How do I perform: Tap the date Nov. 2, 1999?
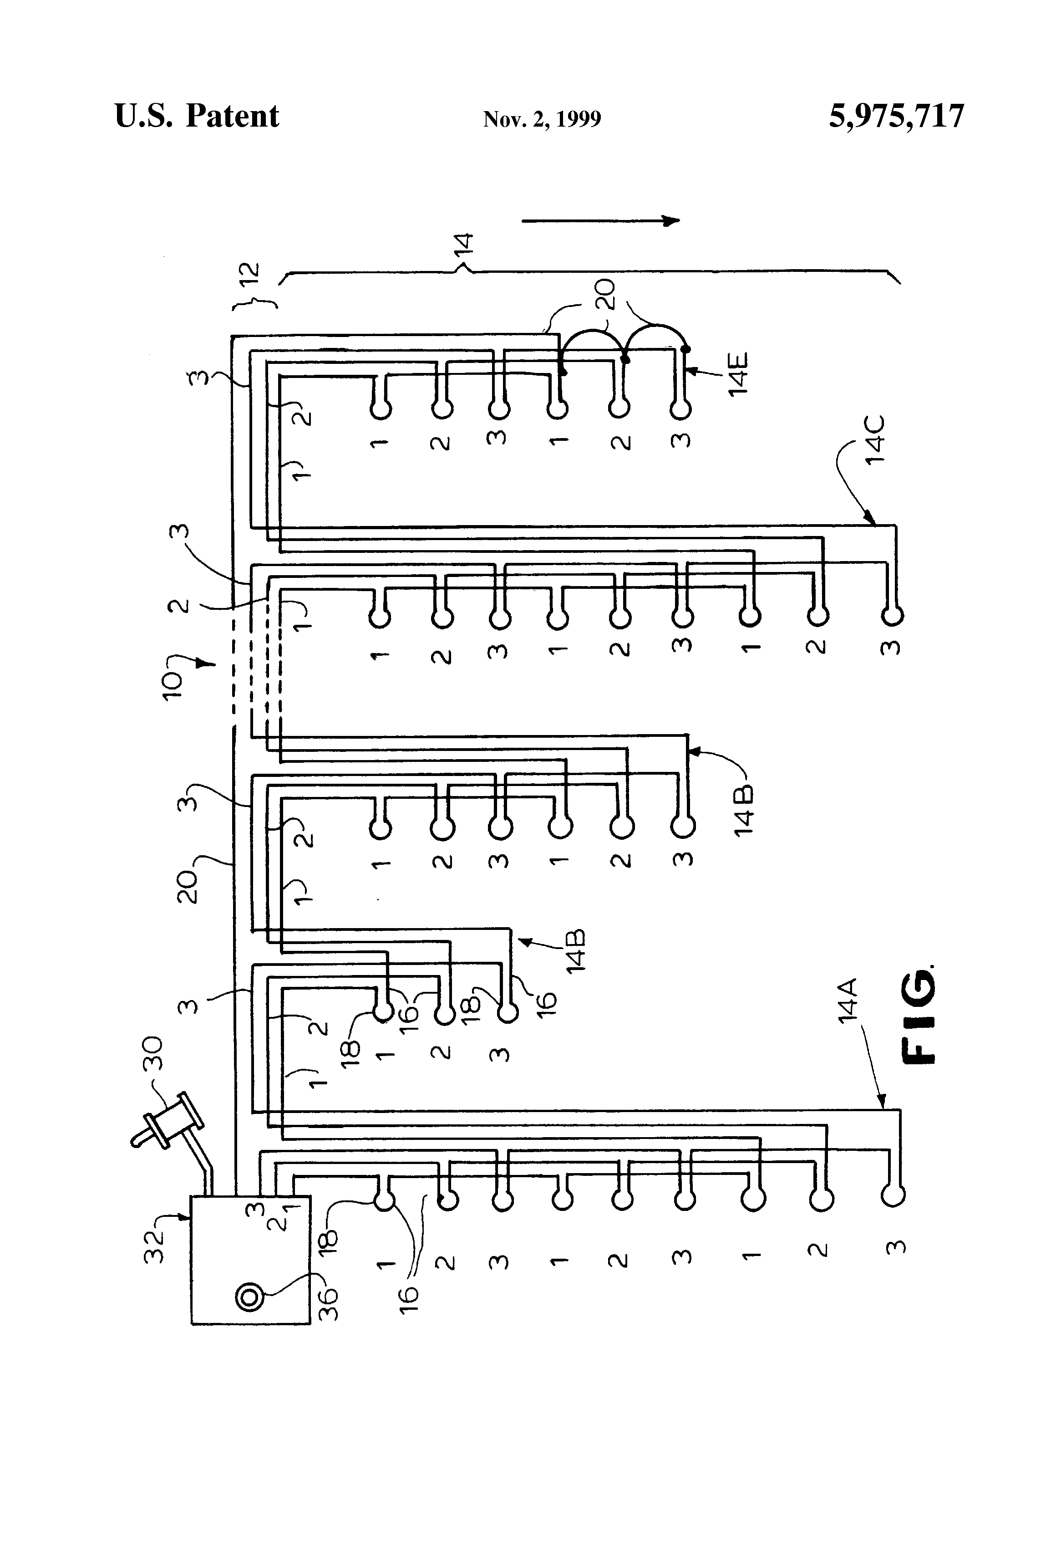542,119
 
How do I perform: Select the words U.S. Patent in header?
197,116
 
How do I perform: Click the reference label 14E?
739,375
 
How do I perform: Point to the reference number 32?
155,1246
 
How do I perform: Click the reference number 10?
172,685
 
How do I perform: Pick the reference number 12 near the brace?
249,279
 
